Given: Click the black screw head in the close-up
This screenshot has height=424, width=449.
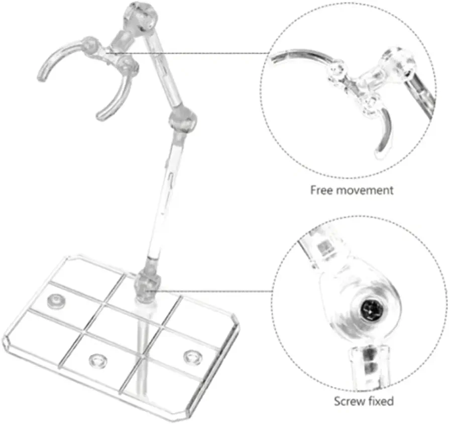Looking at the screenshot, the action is coord(371,310).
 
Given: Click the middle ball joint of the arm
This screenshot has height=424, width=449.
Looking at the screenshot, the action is coord(183,119).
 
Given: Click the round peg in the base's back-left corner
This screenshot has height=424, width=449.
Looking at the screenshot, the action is coord(56,301).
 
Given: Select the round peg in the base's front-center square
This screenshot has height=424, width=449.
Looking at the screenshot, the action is coord(98,360).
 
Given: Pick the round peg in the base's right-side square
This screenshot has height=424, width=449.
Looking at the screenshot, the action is coord(193,357).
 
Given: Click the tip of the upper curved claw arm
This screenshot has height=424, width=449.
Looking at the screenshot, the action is coord(42,77).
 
